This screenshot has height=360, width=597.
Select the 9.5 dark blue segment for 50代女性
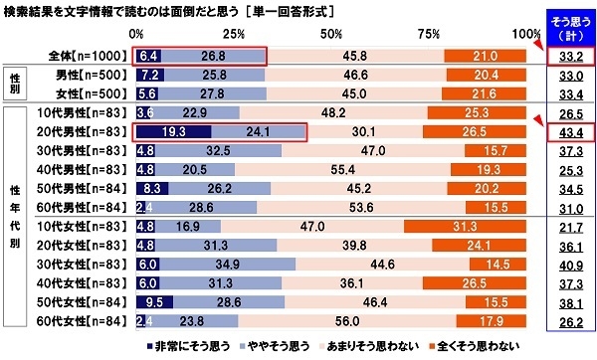coord(152,303)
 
